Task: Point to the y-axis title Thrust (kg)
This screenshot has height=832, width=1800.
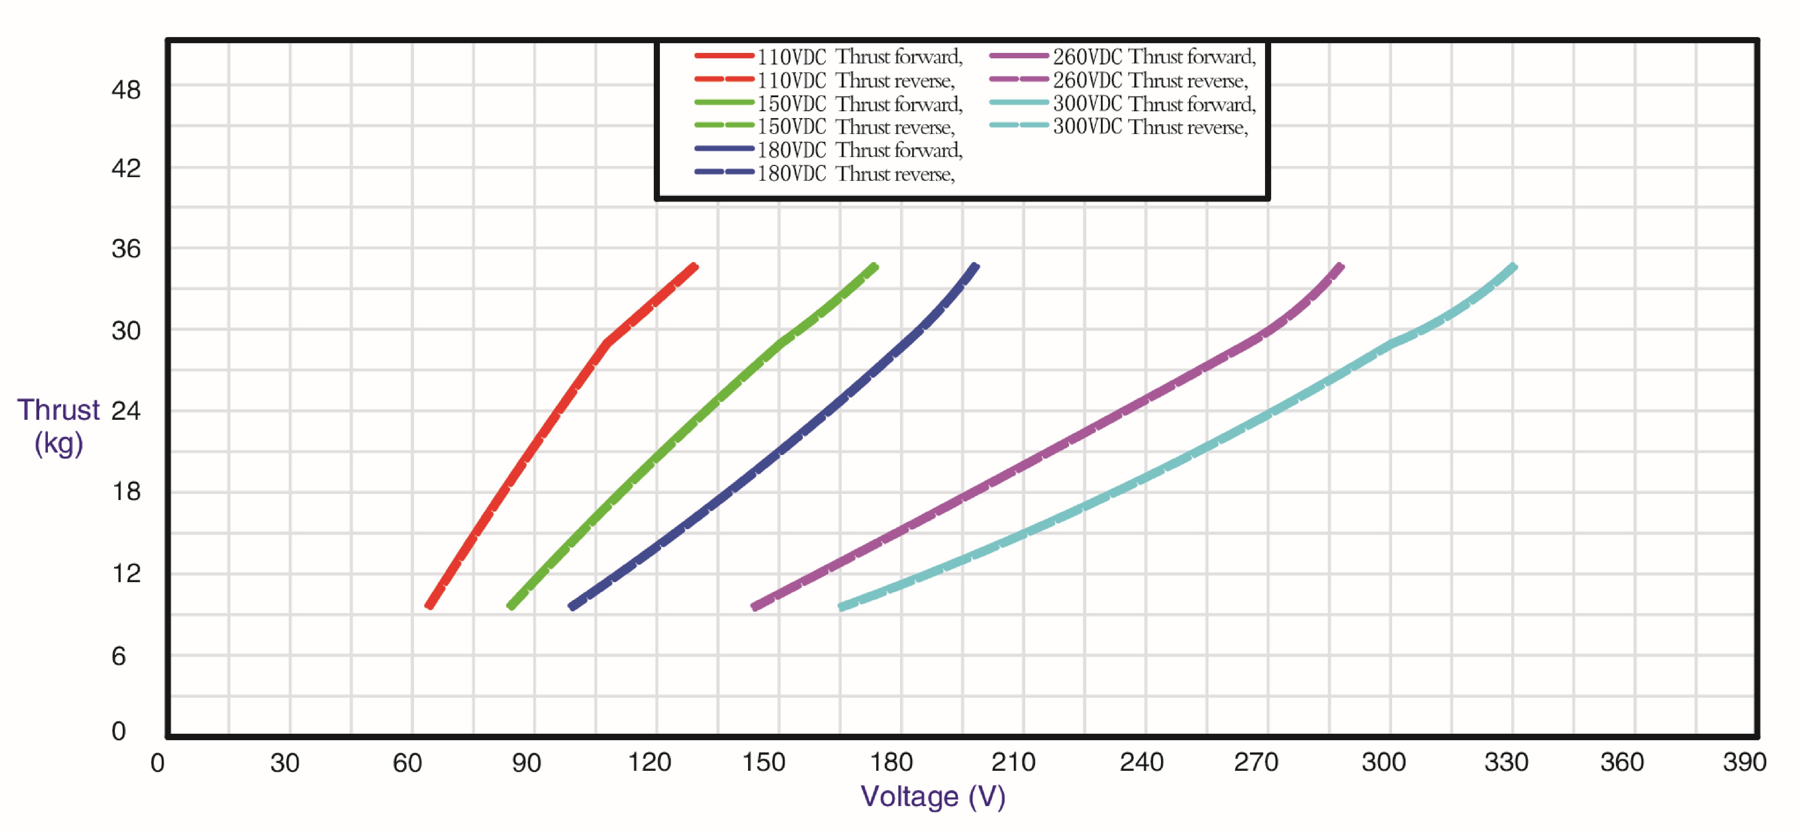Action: point(59,426)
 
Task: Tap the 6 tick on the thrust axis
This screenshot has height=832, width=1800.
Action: point(119,656)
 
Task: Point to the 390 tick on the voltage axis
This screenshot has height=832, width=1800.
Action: point(1744,762)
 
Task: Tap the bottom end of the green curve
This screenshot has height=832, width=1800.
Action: point(511,606)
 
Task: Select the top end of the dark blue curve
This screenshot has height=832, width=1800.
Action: point(976,266)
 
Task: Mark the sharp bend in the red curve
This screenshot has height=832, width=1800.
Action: point(607,343)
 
